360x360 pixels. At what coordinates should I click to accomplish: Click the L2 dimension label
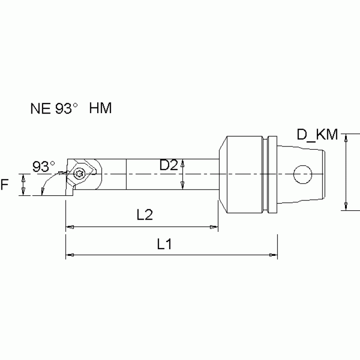tap(145, 215)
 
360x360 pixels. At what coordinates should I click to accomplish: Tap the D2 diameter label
tap(168, 165)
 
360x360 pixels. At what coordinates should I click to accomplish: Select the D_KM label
tap(317, 136)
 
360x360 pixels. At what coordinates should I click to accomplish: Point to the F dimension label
tap(6, 184)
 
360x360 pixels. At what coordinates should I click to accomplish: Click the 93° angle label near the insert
tap(44, 166)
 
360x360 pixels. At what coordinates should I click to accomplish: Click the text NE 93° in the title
tap(53, 109)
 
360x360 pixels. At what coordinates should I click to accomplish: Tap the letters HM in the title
tap(100, 109)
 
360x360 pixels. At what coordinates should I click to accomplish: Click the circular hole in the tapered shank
tap(303, 174)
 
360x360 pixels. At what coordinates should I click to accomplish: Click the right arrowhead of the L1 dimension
tap(273, 255)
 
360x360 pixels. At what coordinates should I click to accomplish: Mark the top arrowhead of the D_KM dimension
tap(346, 137)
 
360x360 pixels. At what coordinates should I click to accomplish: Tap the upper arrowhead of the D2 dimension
tap(182, 161)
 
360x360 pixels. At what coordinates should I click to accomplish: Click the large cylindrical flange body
tap(243, 174)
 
